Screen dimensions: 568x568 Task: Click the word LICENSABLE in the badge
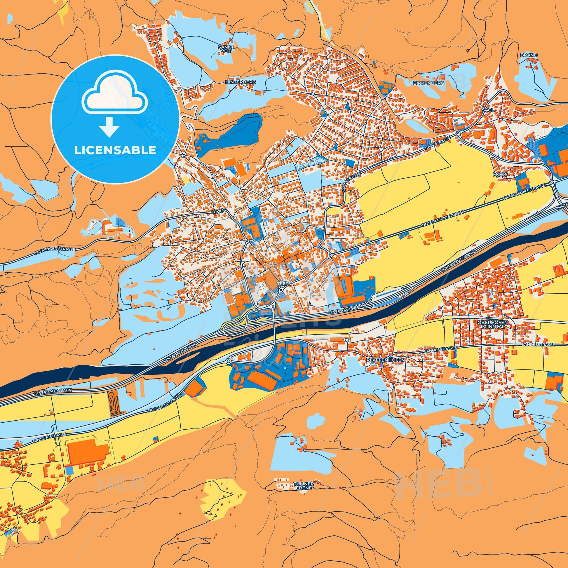(x=115, y=151)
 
